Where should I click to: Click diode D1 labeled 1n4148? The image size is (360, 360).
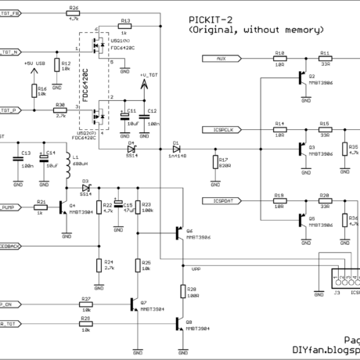point(175,147)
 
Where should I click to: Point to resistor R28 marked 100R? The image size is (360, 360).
point(182,292)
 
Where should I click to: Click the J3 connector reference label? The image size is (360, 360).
point(337,294)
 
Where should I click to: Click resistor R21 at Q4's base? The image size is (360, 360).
point(41,207)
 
